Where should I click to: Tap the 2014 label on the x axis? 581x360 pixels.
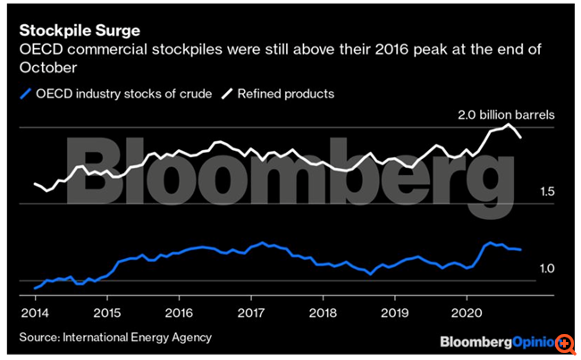pyautogui.click(x=35, y=314)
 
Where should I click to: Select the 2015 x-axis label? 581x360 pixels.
pyautogui.click(x=106, y=314)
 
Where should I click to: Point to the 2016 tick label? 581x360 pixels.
pyautogui.click(x=179, y=314)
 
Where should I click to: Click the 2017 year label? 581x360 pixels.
pyautogui.click(x=251, y=314)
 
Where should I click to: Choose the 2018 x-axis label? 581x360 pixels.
pyautogui.click(x=324, y=314)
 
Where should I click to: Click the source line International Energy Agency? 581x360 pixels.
pyautogui.click(x=115, y=337)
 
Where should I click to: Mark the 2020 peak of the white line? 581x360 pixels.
pyautogui.click(x=509, y=124)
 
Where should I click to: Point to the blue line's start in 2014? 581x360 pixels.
pyautogui.click(x=34, y=288)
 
